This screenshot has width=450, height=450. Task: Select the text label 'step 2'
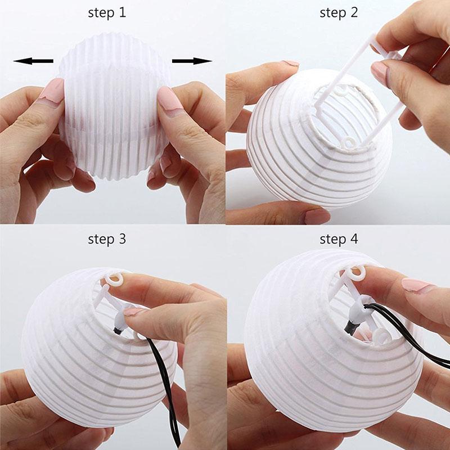[x=339, y=13]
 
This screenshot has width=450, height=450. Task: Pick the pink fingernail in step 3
[x=134, y=310]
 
